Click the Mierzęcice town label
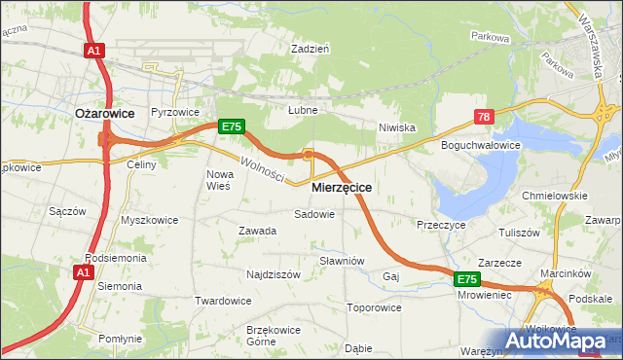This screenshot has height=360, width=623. [x=342, y=186]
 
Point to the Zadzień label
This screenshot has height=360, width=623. [x=311, y=47]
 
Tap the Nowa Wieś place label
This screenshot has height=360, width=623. [x=217, y=180]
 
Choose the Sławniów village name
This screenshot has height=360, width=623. [x=342, y=261]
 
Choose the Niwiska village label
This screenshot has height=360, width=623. [x=397, y=127]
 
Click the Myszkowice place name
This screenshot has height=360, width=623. [x=149, y=220]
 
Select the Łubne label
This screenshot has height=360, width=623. [x=303, y=110]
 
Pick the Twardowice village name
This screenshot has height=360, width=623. [x=223, y=301]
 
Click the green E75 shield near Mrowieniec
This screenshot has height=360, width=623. [x=466, y=279]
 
